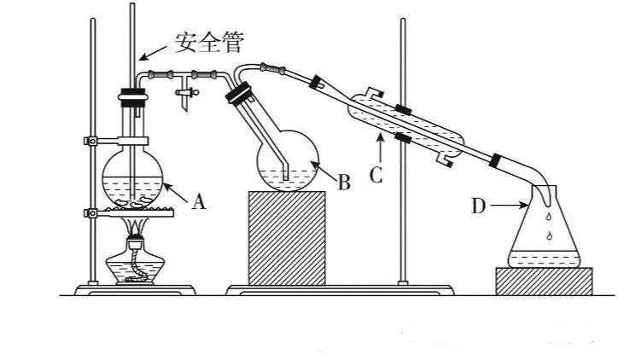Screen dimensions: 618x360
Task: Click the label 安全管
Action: pos(208,43)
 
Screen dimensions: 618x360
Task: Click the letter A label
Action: pos(199,202)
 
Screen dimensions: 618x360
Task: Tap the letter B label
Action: pos(344,183)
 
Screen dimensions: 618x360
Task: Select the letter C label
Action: pos(376,175)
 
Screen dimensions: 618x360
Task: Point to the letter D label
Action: pos(479,206)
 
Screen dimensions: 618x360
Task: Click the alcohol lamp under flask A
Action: pos(135,260)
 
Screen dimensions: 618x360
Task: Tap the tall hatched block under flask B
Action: pos(287,238)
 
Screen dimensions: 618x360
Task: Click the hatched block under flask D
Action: pos(544,281)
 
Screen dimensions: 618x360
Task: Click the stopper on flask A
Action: pos(132,98)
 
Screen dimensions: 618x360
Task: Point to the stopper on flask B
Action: pos(239,93)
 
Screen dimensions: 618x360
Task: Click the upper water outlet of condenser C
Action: pos(376,93)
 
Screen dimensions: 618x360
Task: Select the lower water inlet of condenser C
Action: pos(444,160)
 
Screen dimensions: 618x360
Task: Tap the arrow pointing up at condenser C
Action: pos(381,148)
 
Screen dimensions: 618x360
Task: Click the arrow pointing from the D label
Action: pos(509,205)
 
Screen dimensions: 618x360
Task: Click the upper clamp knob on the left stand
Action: pos(91,141)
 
